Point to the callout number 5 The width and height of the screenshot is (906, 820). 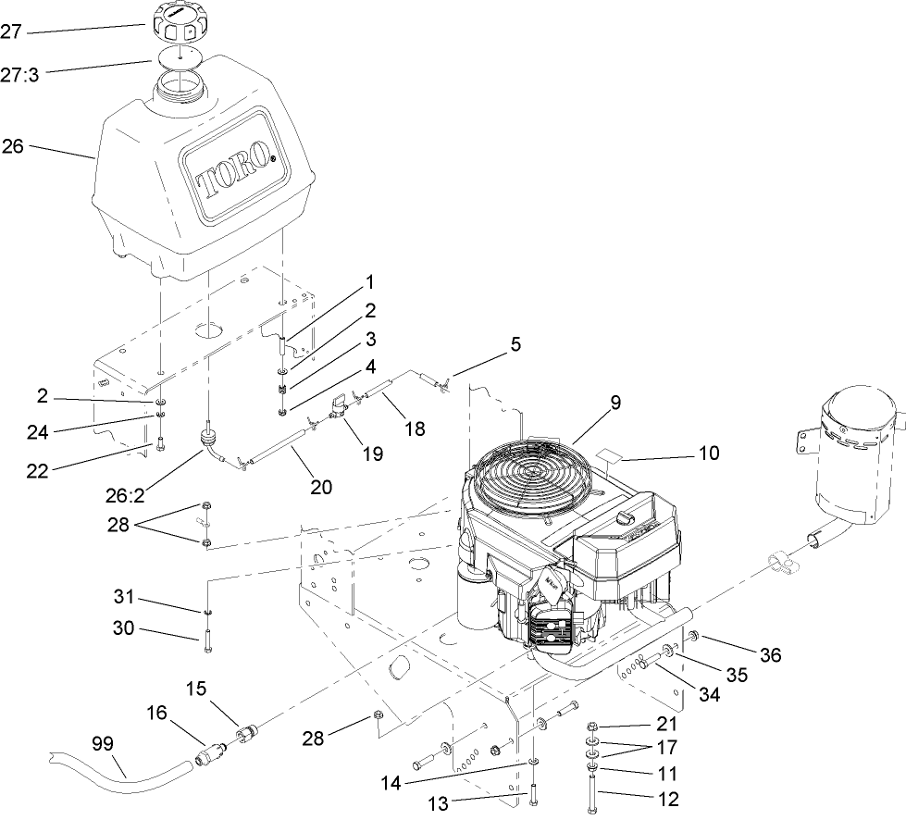pyautogui.click(x=515, y=344)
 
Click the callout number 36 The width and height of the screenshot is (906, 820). pyautogui.click(x=771, y=654)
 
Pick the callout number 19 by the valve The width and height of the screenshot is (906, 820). pyautogui.click(x=373, y=453)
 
